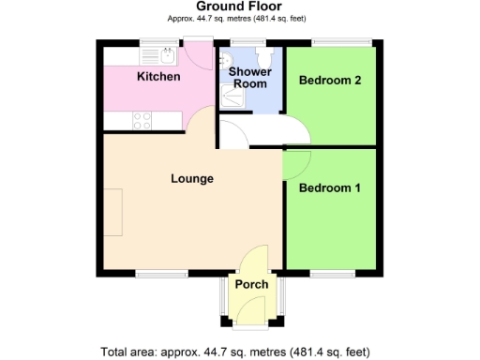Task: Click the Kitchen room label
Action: pyautogui.click(x=158, y=76)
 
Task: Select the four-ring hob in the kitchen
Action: pyautogui.click(x=142, y=120)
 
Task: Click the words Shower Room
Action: pyautogui.click(x=250, y=77)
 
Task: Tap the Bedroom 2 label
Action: pyautogui.click(x=329, y=81)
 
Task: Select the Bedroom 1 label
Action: pyautogui.click(x=329, y=188)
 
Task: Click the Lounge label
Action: pyautogui.click(x=192, y=178)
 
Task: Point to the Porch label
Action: pyautogui.click(x=251, y=284)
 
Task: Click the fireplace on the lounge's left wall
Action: pyautogui.click(x=113, y=212)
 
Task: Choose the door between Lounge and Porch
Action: pyautogui.click(x=253, y=259)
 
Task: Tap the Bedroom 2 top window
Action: pyautogui.click(x=341, y=41)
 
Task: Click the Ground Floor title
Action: pyautogui.click(x=241, y=7)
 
